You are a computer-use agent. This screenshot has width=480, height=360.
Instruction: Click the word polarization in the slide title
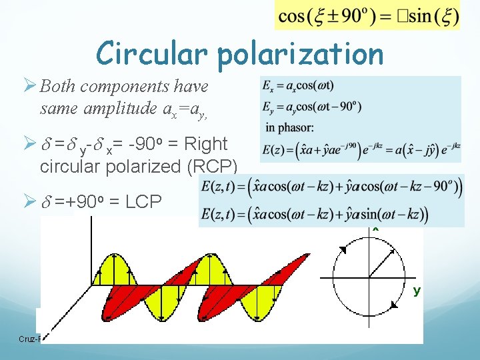click(x=301, y=55)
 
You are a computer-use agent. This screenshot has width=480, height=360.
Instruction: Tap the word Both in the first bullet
click(x=57, y=87)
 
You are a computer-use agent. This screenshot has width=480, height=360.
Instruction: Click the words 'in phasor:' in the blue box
click(x=290, y=127)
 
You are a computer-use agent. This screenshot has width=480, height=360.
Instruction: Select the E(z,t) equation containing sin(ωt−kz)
click(x=313, y=215)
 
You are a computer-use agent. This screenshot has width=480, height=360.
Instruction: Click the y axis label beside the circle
click(x=417, y=291)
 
